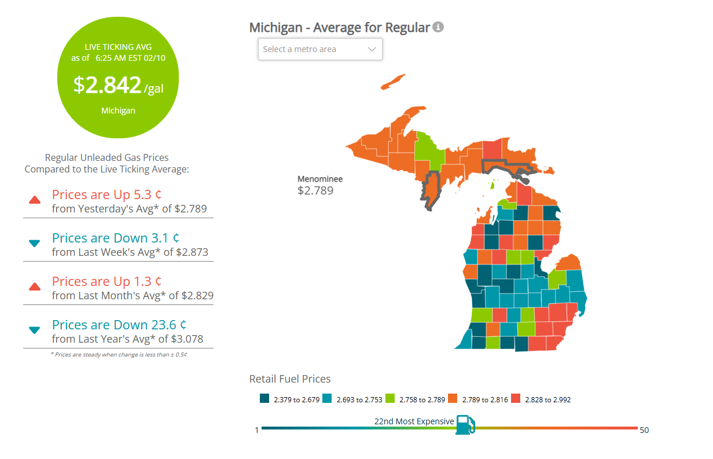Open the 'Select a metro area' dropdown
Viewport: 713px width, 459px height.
coord(320,49)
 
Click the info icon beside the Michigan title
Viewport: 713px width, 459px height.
coord(439,27)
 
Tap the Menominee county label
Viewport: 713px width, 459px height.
coord(320,179)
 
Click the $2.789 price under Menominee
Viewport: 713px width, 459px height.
coord(315,190)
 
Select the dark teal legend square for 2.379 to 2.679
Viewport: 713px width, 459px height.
coord(264,399)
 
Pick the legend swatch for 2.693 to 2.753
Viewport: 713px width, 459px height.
coord(327,399)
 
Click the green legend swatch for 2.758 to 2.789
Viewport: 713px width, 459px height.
coord(390,399)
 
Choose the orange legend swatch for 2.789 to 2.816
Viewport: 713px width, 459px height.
coord(453,399)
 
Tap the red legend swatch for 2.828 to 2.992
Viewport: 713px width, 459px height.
coord(516,399)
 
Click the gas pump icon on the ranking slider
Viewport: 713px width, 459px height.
coord(465,424)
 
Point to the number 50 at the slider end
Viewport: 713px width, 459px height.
coord(644,430)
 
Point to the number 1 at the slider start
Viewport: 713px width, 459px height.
coord(256,430)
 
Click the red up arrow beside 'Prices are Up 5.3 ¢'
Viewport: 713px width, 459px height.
coord(35,200)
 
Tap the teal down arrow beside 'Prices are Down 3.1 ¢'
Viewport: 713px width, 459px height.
coord(35,244)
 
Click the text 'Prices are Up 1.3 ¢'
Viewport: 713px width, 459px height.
coord(106,281)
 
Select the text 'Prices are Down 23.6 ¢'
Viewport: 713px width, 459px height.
coord(119,325)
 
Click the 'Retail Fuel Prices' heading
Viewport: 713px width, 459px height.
coord(290,379)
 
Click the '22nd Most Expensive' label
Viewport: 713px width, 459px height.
coord(414,421)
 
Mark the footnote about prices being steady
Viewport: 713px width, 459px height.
coord(119,354)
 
